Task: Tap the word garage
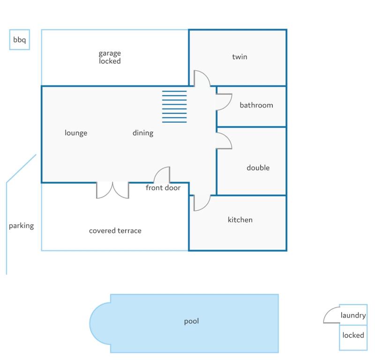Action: click(110, 54)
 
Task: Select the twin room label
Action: click(240, 57)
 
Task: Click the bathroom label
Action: click(256, 105)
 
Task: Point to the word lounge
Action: click(76, 133)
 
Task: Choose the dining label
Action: click(143, 133)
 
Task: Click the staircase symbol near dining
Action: click(174, 107)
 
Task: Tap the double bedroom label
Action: click(258, 168)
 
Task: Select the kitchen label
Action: click(240, 220)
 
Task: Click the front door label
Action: click(163, 188)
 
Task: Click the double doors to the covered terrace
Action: click(112, 191)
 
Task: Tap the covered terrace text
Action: click(115, 230)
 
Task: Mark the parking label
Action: click(21, 226)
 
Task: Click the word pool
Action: click(191, 321)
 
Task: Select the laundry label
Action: click(353, 315)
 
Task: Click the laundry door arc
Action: click(328, 311)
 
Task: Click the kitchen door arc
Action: click(206, 207)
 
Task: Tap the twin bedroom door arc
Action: click(206, 75)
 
